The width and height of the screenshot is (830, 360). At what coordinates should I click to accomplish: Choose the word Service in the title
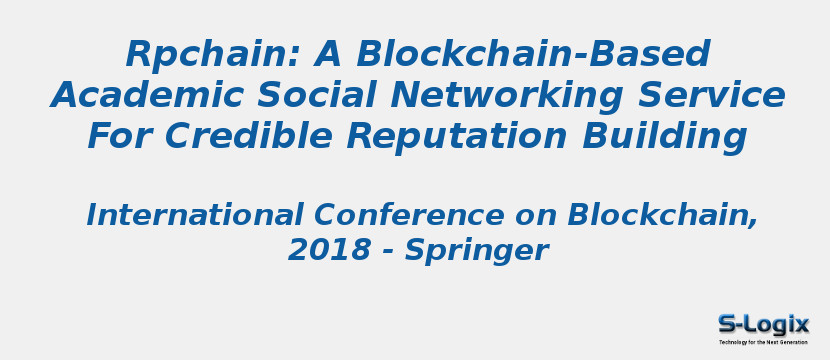point(712,96)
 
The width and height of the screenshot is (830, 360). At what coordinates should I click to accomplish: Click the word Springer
point(476,251)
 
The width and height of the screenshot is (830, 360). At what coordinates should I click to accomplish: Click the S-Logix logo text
point(763,324)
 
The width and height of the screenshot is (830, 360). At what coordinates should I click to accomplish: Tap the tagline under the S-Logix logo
point(763,342)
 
